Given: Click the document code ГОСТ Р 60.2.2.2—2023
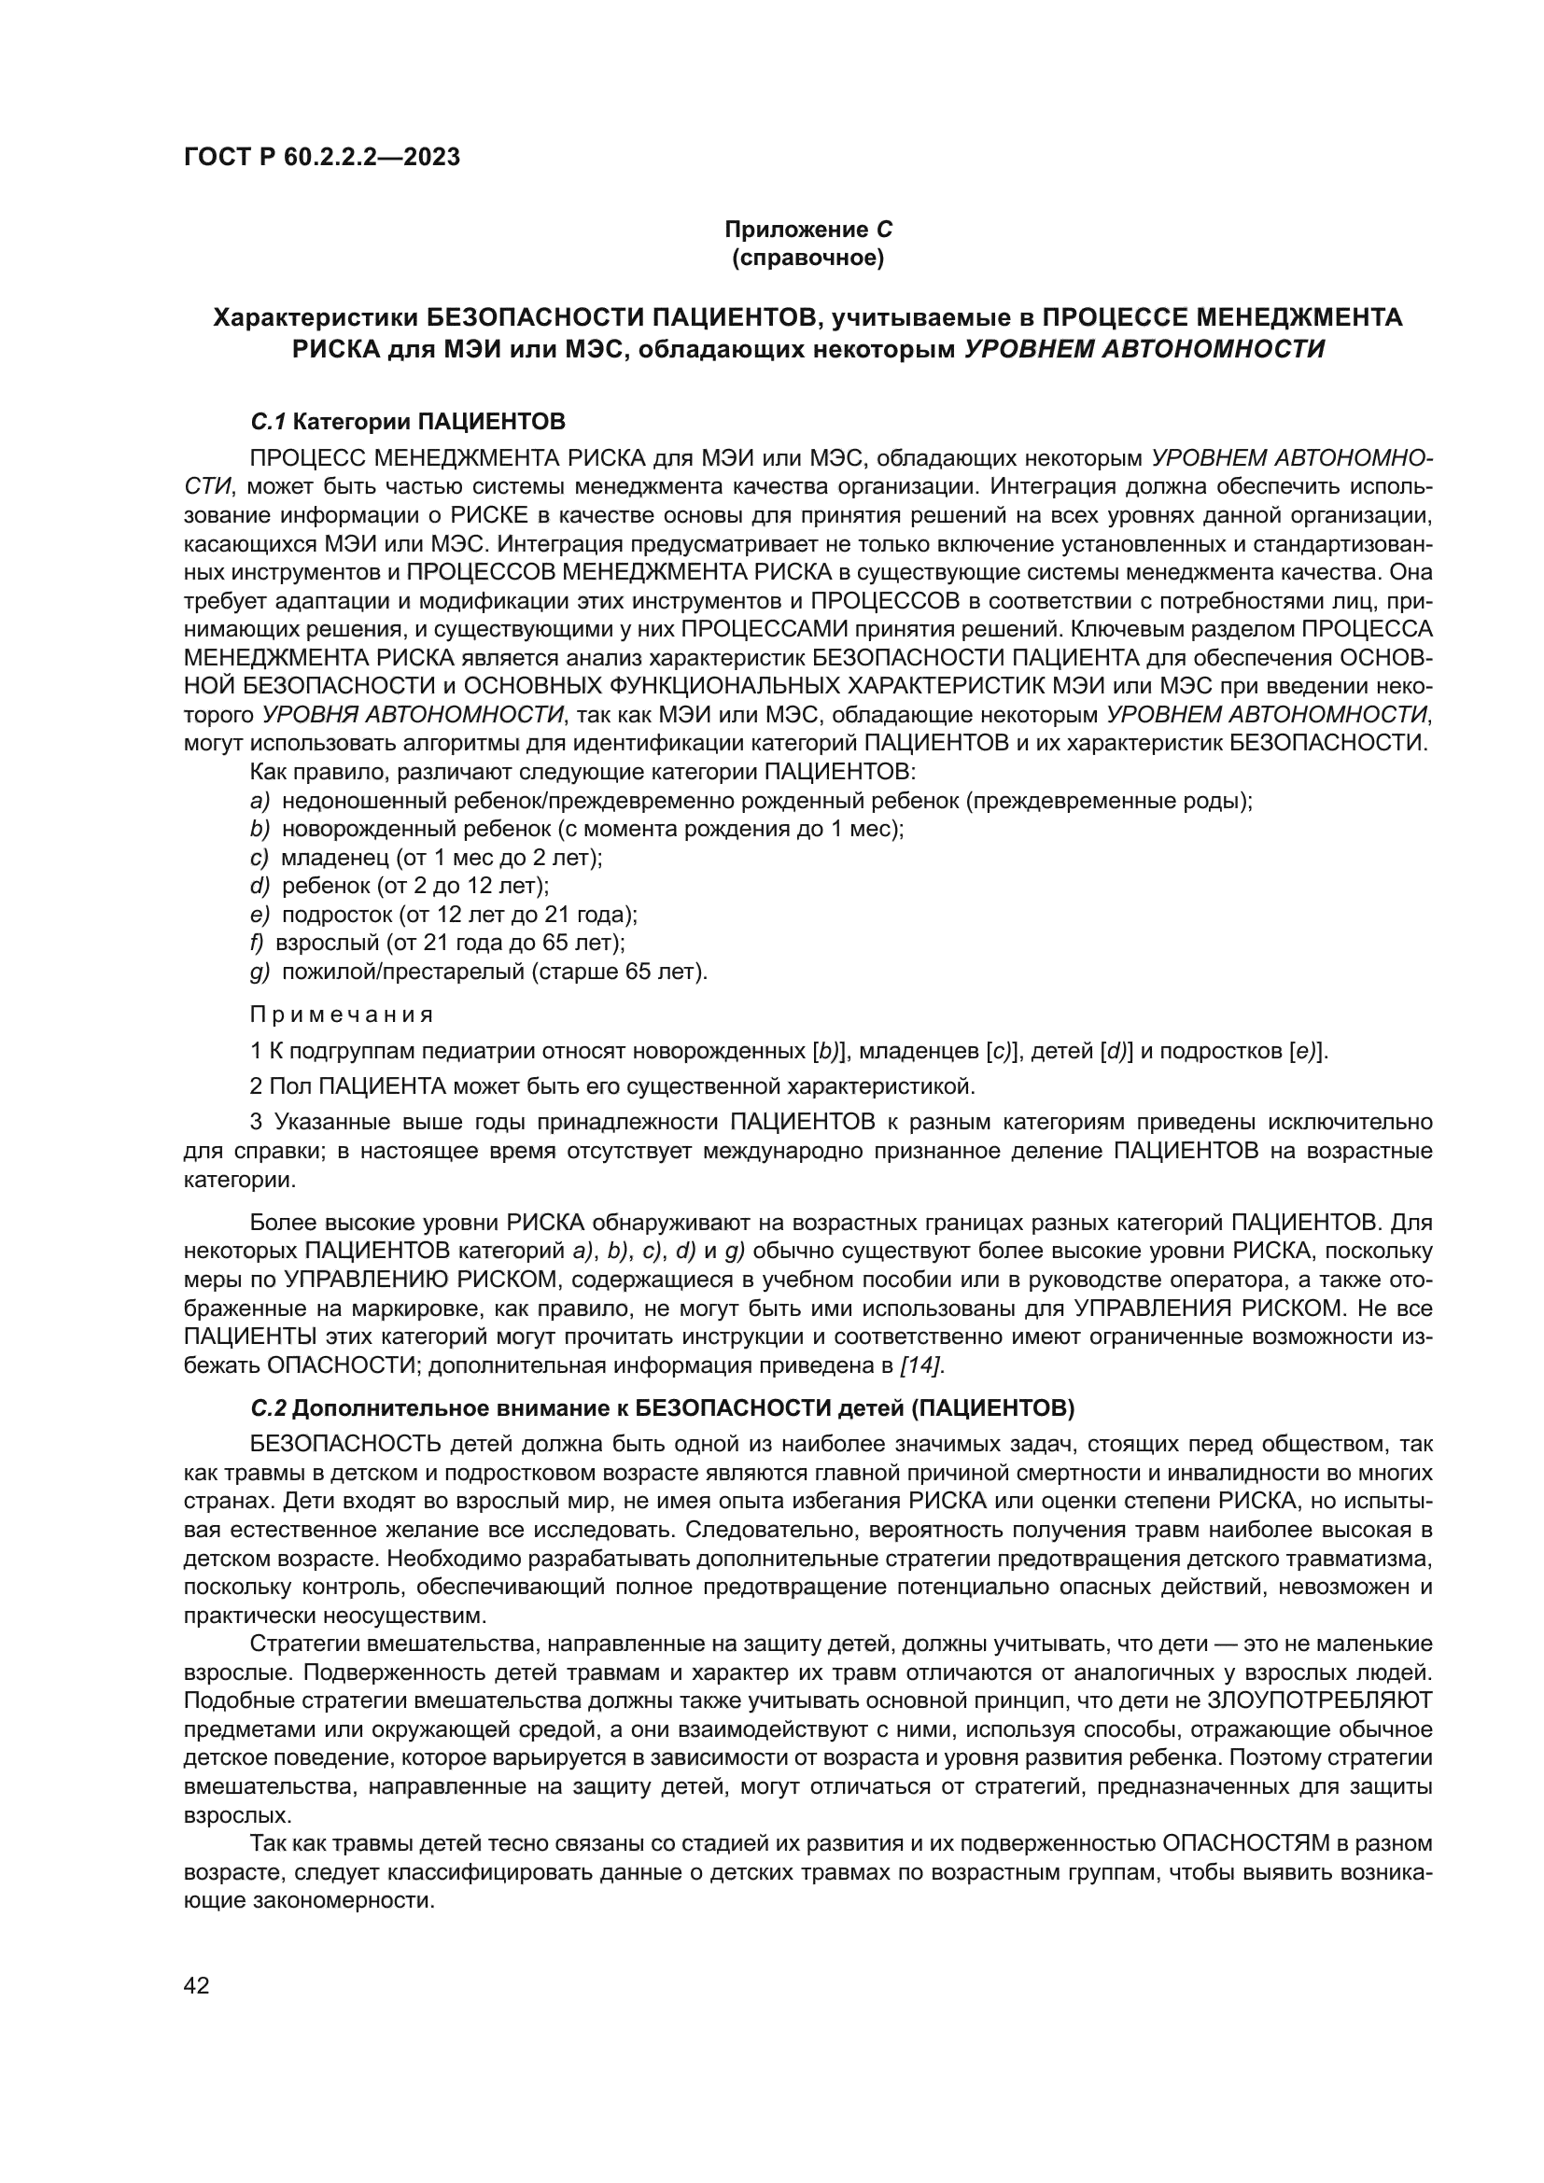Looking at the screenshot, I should (x=321, y=157).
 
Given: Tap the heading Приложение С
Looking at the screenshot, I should (x=808, y=231).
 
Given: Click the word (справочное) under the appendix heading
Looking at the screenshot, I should (x=808, y=258).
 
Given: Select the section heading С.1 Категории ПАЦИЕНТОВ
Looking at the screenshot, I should (x=408, y=420).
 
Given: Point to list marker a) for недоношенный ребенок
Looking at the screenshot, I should (x=260, y=801).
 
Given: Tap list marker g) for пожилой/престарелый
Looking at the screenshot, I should (x=260, y=972).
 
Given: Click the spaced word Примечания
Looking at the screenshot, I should (x=342, y=1015).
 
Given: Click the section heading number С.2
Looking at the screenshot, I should (x=269, y=1406).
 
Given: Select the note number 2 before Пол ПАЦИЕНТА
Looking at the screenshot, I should (x=256, y=1085).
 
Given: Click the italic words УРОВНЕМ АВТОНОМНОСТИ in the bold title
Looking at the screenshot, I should (x=1144, y=349).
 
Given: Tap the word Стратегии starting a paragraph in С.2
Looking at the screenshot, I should (x=303, y=1644).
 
